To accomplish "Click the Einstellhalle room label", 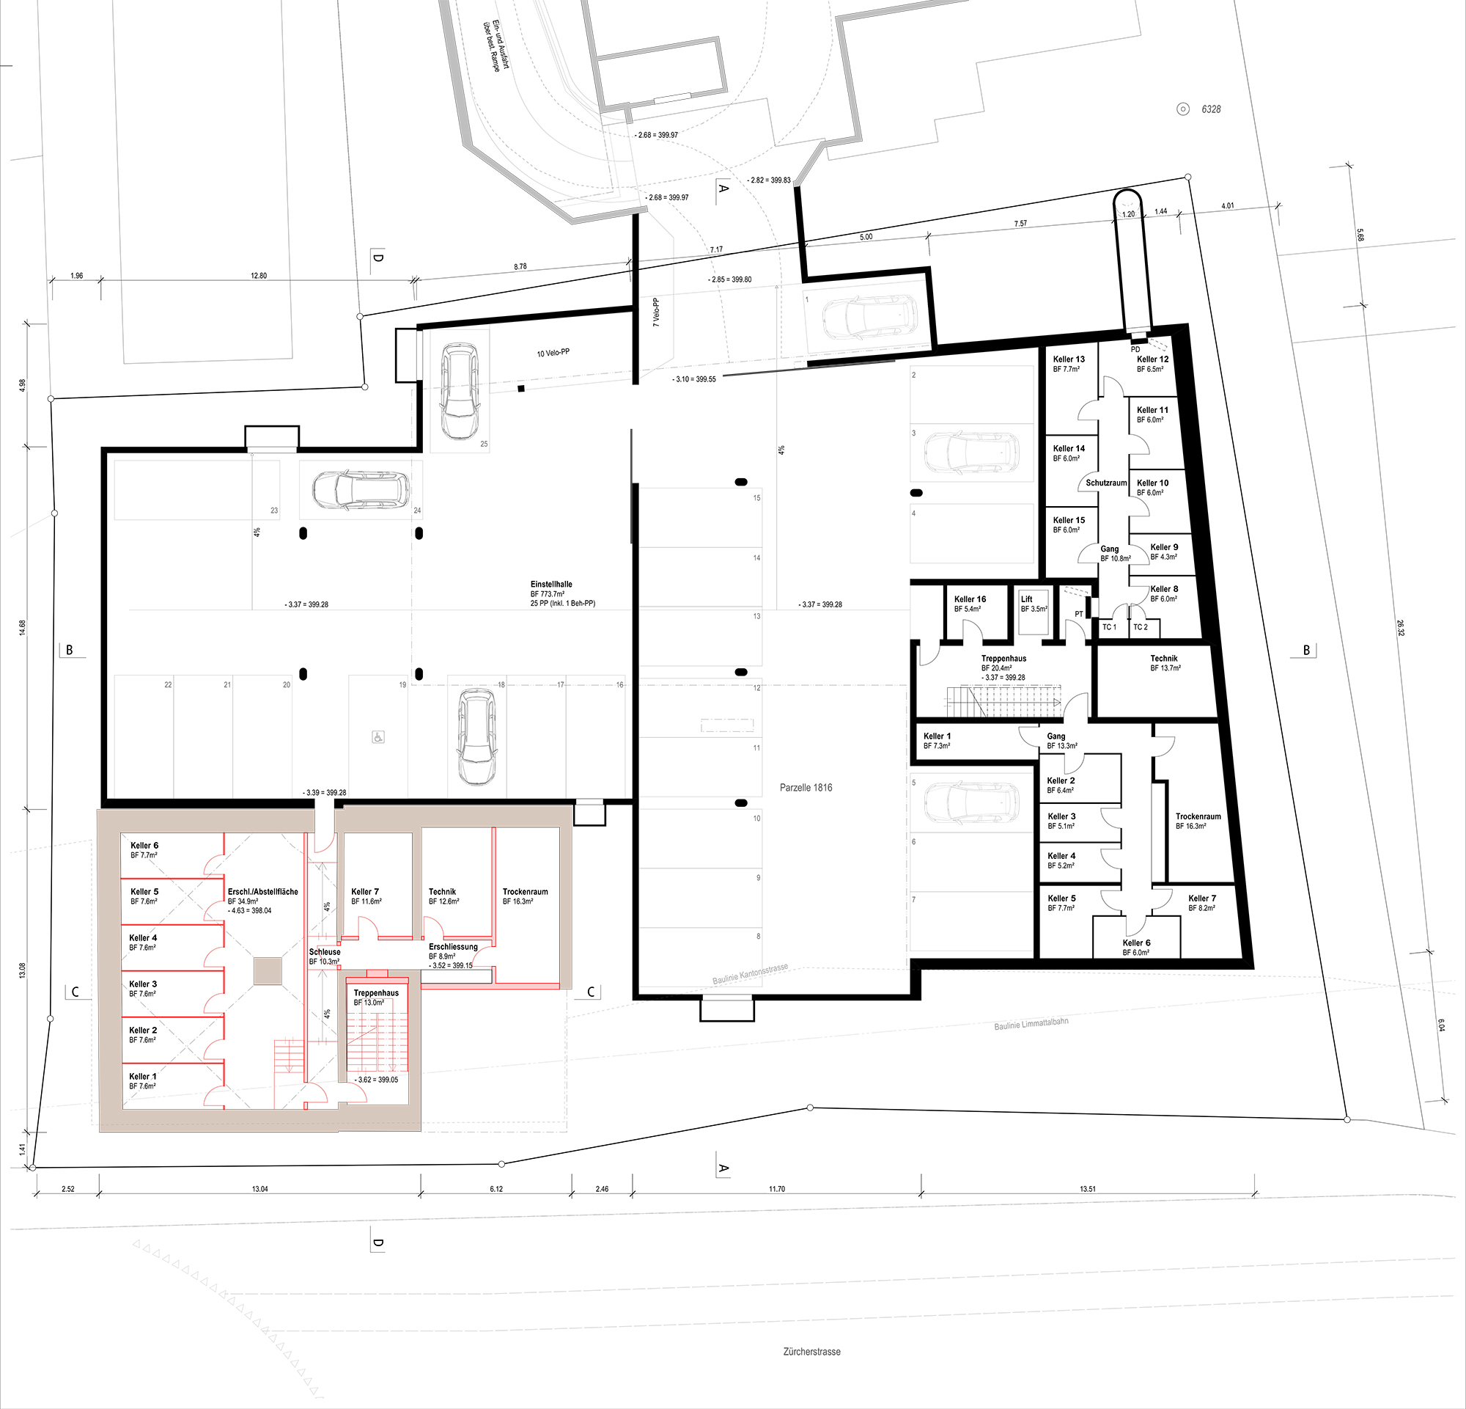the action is click(x=551, y=585).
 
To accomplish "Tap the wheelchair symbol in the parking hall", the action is click(x=377, y=738).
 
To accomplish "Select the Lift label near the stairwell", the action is click(x=1026, y=599).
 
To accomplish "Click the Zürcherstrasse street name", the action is click(x=811, y=1352).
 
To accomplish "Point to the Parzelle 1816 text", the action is click(x=806, y=788).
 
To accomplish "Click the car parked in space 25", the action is click(x=460, y=391).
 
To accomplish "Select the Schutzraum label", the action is click(x=1106, y=483).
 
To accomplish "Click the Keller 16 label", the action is click(x=970, y=599).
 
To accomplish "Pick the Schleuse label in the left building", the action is click(x=325, y=953).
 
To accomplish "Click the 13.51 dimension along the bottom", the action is click(x=1088, y=1189).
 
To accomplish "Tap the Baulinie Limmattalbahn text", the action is click(x=1031, y=1024).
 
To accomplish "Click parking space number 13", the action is click(x=757, y=617).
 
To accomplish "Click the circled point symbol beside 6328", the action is click(x=1183, y=109).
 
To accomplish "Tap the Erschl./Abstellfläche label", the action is click(x=262, y=892).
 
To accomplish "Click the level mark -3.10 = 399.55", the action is click(x=695, y=379).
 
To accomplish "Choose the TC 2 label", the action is click(x=1140, y=627).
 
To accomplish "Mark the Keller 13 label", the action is click(x=1069, y=359).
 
